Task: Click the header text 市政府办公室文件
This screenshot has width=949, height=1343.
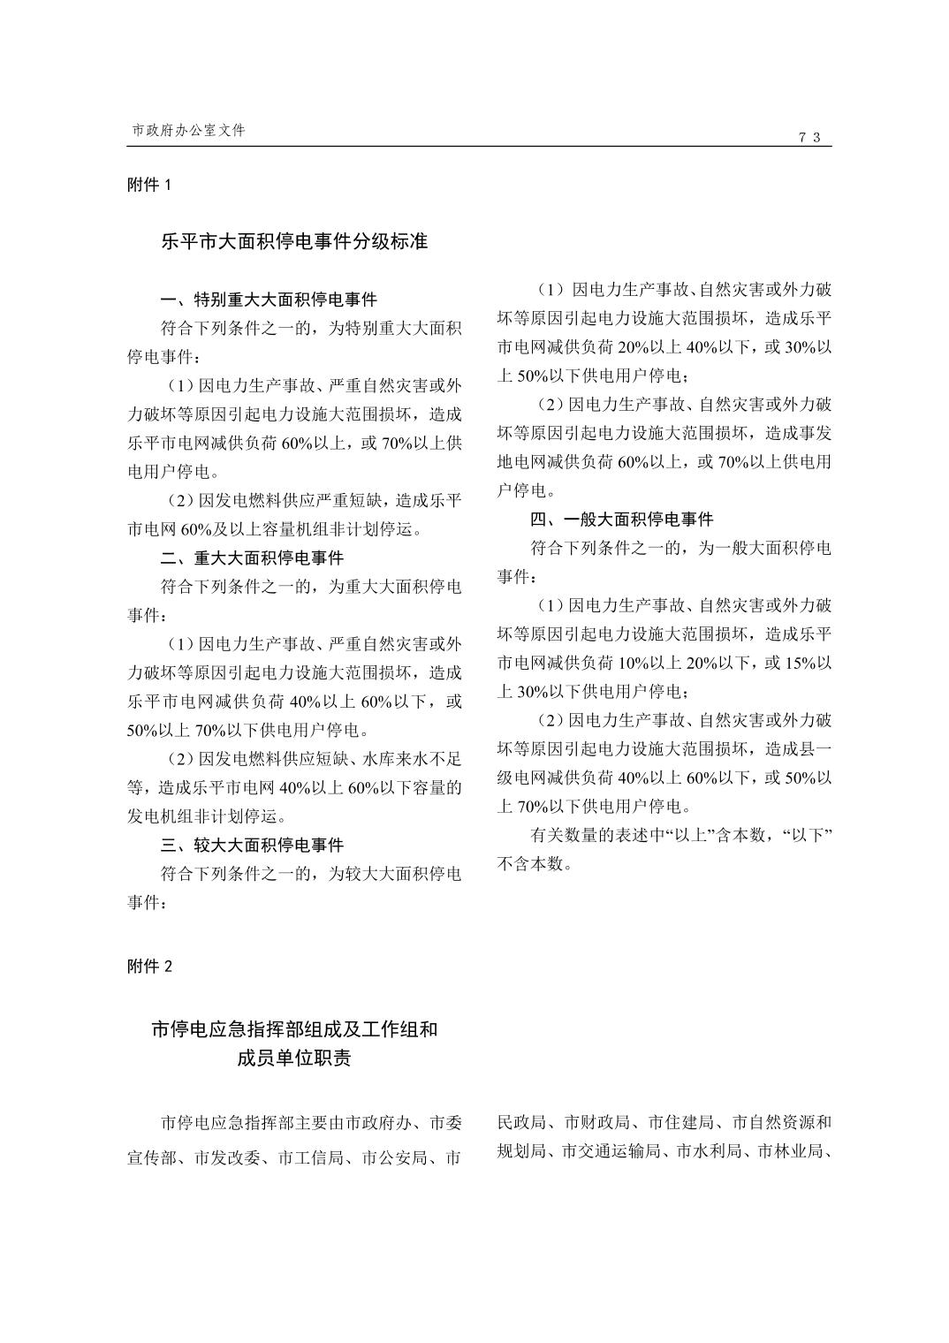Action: [188, 130]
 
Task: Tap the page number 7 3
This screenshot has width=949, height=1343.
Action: [810, 137]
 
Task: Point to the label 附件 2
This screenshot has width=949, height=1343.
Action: [149, 966]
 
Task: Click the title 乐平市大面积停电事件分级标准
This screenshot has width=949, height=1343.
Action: [294, 241]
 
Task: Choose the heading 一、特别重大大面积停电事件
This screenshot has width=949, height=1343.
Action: [269, 300]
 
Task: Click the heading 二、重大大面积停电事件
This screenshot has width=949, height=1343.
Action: [252, 558]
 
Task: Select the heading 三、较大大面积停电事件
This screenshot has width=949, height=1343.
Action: [252, 845]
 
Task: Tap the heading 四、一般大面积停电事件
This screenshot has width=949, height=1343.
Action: [621, 519]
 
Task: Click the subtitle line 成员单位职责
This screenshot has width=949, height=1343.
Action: [293, 1058]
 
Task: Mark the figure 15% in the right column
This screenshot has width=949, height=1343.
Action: [800, 663]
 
